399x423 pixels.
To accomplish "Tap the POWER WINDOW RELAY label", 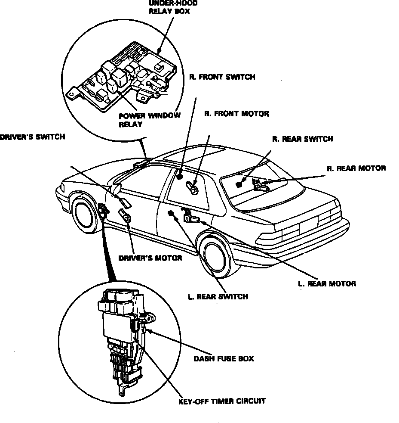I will [149, 120].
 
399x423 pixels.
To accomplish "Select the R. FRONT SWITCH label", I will [222, 77].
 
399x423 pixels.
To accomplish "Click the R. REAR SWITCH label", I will [302, 139].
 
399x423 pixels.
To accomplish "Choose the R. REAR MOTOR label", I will [356, 168].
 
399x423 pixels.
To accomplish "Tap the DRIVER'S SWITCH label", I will [32, 137].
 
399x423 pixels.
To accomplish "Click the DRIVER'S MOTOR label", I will [150, 258].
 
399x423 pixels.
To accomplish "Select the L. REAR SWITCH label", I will [218, 297].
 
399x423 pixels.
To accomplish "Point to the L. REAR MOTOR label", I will [327, 284].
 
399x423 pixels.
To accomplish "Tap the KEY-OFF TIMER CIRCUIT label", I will [221, 401].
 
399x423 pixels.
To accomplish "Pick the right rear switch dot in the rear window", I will [239, 184].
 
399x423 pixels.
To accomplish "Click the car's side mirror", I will [116, 187].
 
